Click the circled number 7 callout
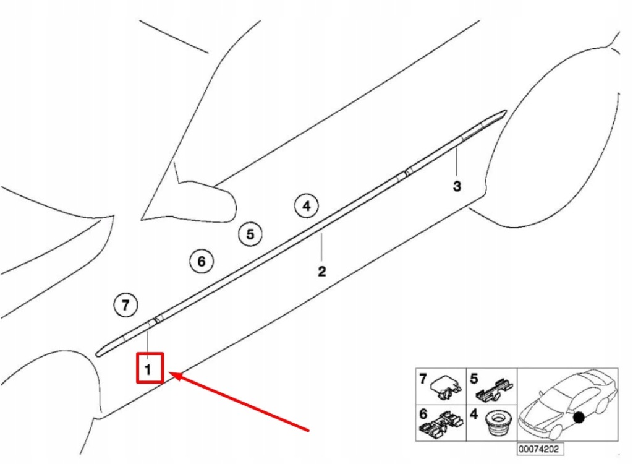[125, 304]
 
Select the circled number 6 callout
[201, 261]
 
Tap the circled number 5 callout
[250, 234]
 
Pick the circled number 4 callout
[306, 206]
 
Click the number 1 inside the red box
[148, 369]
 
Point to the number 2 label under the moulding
[322, 271]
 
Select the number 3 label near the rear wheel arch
[457, 186]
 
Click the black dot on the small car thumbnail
[579, 419]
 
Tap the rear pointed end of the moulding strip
[503, 113]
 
